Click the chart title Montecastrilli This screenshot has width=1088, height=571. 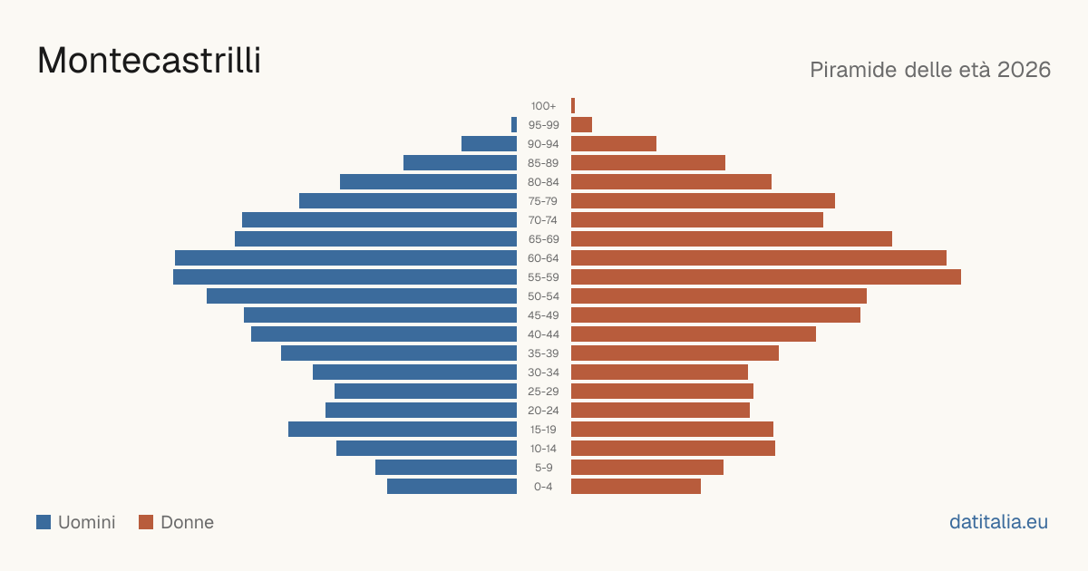coord(149,60)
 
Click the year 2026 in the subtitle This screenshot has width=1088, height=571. coord(1024,70)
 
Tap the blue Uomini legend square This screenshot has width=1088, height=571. coord(44,522)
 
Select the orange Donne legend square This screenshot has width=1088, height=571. coord(146,522)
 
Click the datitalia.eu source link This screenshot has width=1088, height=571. coord(998,522)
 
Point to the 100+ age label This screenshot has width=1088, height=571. coord(543,106)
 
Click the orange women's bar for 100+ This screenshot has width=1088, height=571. coord(573,106)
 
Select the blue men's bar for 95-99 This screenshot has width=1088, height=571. coord(514,125)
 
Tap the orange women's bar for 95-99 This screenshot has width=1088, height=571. coord(581,125)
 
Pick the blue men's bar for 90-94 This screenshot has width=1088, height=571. coord(489,144)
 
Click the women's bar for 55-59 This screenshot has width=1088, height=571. coord(766,277)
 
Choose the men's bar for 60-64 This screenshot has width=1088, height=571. coord(345,257)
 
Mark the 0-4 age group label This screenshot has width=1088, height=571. coord(543,487)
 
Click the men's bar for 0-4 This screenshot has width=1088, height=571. coord(452,487)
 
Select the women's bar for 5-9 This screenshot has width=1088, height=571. coord(647,468)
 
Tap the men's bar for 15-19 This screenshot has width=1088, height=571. coord(403,430)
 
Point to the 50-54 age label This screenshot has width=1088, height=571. coord(543,296)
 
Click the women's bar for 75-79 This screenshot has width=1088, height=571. coord(703,201)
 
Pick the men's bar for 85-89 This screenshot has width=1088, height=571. coord(460,162)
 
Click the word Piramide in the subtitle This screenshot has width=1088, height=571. coord(853,70)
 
